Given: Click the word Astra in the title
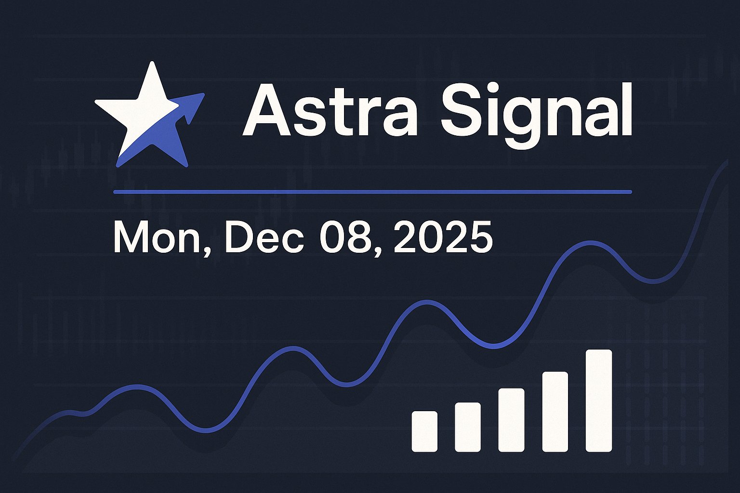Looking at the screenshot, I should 330,111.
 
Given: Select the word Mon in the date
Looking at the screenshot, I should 157,238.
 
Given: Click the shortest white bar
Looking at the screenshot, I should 424,431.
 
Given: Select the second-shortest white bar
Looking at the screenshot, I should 468,427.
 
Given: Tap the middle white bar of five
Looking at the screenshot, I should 511,420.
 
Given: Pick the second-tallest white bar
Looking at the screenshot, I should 555,412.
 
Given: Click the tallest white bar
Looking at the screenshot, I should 599,401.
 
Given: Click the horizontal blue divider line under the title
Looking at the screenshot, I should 372,192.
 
